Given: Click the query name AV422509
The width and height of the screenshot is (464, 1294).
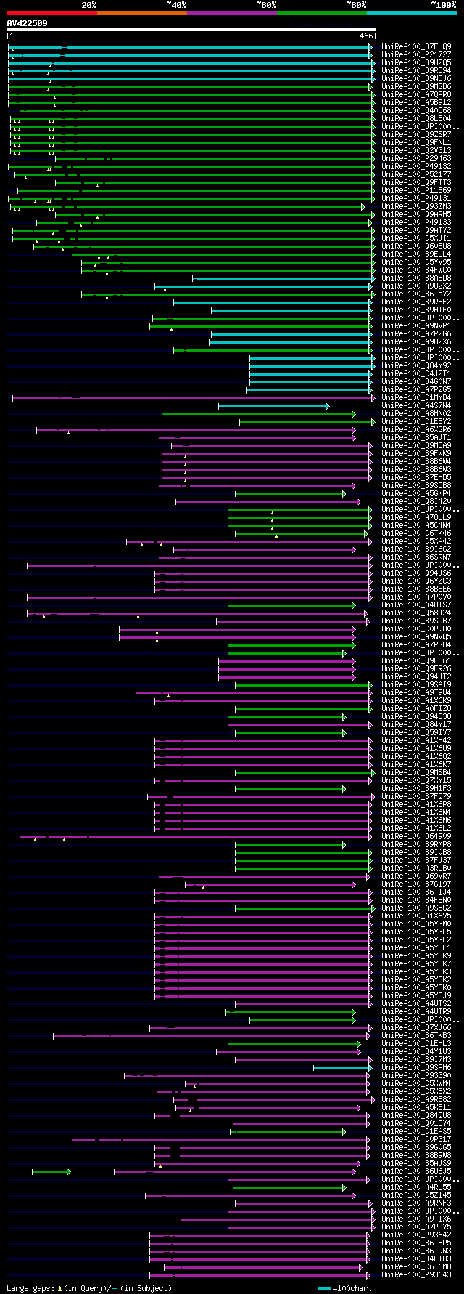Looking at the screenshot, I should pyautogui.click(x=27, y=23).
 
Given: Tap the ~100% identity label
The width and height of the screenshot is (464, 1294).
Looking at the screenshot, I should pyautogui.click(x=443, y=5).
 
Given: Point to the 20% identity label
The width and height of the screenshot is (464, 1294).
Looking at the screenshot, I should pyautogui.click(x=88, y=5).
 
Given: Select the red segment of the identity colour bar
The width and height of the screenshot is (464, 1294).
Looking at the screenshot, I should pyautogui.click(x=51, y=12).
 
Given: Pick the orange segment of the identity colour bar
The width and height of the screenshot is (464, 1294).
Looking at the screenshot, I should pyautogui.click(x=141, y=12).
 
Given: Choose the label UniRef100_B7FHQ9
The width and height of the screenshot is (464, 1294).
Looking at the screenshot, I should pyautogui.click(x=416, y=46).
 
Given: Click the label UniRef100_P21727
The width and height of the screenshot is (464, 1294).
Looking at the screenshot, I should pyautogui.click(x=416, y=54).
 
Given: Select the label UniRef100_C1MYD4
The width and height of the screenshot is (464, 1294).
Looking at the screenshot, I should pyautogui.click(x=416, y=397).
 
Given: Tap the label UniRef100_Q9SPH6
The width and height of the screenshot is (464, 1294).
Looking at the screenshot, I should pyautogui.click(x=416, y=1067).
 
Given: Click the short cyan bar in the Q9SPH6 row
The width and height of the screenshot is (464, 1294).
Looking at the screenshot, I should pyautogui.click(x=341, y=1067).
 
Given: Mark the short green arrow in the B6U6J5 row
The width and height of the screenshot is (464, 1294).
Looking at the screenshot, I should pyautogui.click(x=51, y=1171).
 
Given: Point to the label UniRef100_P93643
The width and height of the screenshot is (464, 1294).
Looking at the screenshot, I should pyautogui.click(x=416, y=1274).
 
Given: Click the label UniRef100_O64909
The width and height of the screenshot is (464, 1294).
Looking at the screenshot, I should pyautogui.click(x=416, y=836).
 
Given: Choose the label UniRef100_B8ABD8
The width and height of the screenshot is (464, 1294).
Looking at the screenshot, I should pyautogui.click(x=416, y=278).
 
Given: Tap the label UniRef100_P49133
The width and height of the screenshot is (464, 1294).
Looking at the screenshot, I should pyautogui.click(x=416, y=222).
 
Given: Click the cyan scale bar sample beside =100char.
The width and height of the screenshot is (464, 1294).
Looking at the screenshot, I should pyautogui.click(x=324, y=1288).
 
